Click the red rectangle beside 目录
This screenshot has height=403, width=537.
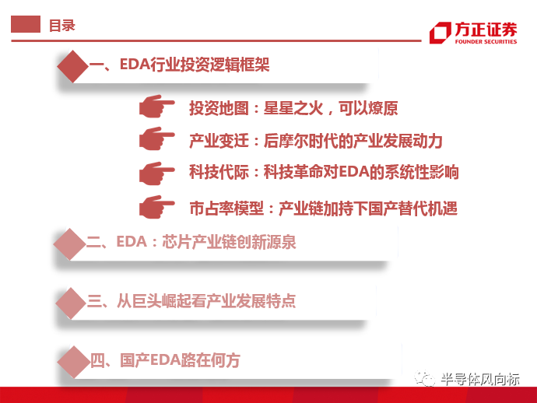pyautogui.click(x=26, y=24)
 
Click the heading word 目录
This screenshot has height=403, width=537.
pyautogui.click(x=62, y=26)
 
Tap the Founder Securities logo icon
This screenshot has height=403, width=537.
pyautogui.click(x=440, y=33)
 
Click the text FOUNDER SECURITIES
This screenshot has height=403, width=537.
pyautogui.click(x=486, y=42)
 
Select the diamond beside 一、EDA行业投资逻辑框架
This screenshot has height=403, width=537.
pyautogui.click(x=73, y=66)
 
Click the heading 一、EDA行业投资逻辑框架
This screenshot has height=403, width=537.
pyautogui.click(x=180, y=65)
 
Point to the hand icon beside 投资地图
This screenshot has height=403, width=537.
pyautogui.click(x=157, y=106)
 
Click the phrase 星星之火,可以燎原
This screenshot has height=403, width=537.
pyautogui.click(x=331, y=108)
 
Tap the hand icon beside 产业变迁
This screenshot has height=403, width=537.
pyautogui.click(x=157, y=138)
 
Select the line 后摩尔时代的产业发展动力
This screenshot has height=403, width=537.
pyautogui.click(x=353, y=141)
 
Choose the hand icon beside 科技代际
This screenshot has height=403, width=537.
pyautogui.click(x=157, y=173)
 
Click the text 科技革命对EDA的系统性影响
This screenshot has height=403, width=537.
pyautogui.click(x=361, y=172)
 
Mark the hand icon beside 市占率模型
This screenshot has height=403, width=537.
pyautogui.click(x=157, y=207)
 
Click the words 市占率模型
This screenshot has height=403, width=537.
pyautogui.click(x=226, y=209)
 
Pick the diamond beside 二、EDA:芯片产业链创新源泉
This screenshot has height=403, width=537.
pyautogui.click(x=70, y=244)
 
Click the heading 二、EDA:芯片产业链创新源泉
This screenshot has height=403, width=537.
pyautogui.click(x=191, y=242)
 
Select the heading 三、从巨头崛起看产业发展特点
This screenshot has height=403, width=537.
pyautogui.click(x=191, y=301)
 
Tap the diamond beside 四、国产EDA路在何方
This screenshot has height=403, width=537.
pyautogui.click(x=74, y=362)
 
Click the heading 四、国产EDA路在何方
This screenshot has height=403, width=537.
pyautogui.click(x=165, y=360)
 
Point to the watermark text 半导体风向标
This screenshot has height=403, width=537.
pyautogui.click(x=480, y=380)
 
